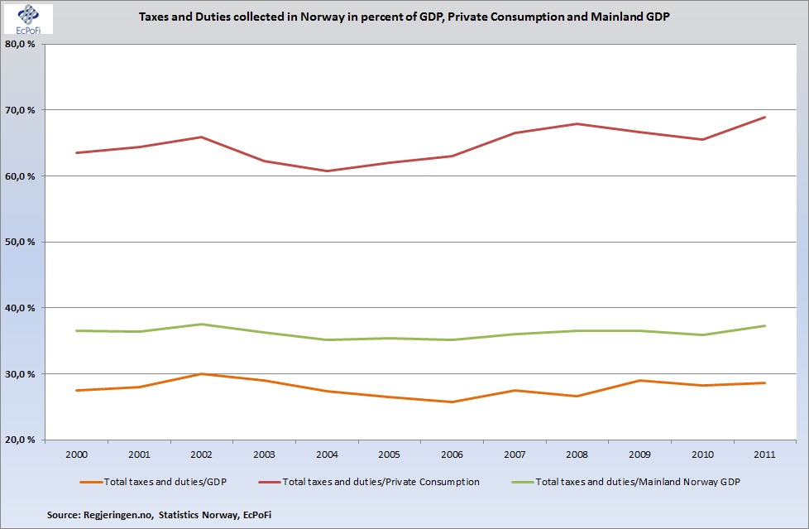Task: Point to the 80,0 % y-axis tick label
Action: click(19, 44)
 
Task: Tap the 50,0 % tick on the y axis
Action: click(19, 242)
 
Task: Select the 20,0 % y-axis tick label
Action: click(19, 440)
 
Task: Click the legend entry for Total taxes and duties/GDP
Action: click(157, 481)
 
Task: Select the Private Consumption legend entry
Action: click(381, 481)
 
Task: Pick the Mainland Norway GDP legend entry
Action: click(634, 481)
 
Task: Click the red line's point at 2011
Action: click(764, 118)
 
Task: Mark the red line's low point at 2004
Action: click(327, 171)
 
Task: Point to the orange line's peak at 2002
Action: click(202, 374)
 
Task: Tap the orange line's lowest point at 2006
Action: click(452, 402)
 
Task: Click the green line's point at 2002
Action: click(202, 325)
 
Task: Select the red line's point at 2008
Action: click(577, 124)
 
